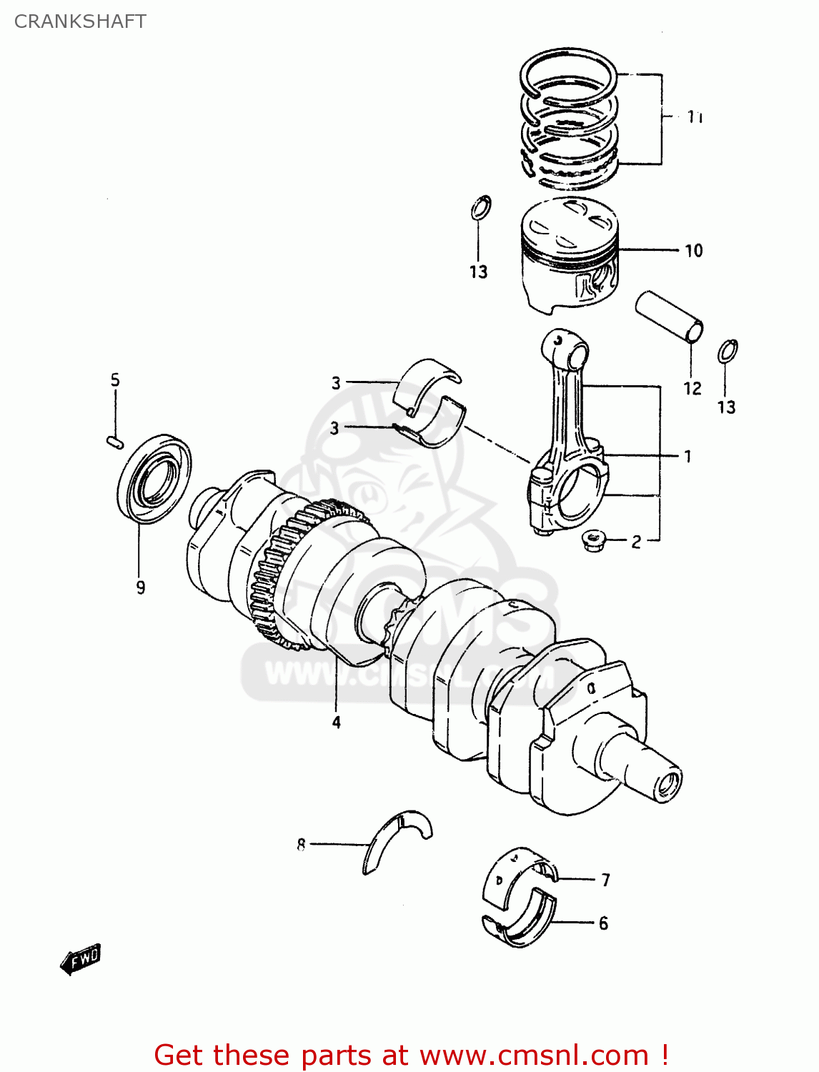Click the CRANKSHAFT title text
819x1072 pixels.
[x=80, y=21]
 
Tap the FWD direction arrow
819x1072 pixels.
[x=81, y=959]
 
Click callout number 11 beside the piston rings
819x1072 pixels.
[x=695, y=116]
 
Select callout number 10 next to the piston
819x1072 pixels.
[x=693, y=251]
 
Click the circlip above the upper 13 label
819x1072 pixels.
[x=481, y=208]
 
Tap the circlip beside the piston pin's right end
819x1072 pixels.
[x=728, y=351]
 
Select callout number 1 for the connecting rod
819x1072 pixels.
[x=688, y=456]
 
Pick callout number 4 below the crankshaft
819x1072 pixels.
[x=336, y=723]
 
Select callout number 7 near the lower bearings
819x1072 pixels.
[x=605, y=880]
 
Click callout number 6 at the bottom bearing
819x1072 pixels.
[x=603, y=923]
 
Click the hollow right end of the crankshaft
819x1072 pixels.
[x=669, y=785]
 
